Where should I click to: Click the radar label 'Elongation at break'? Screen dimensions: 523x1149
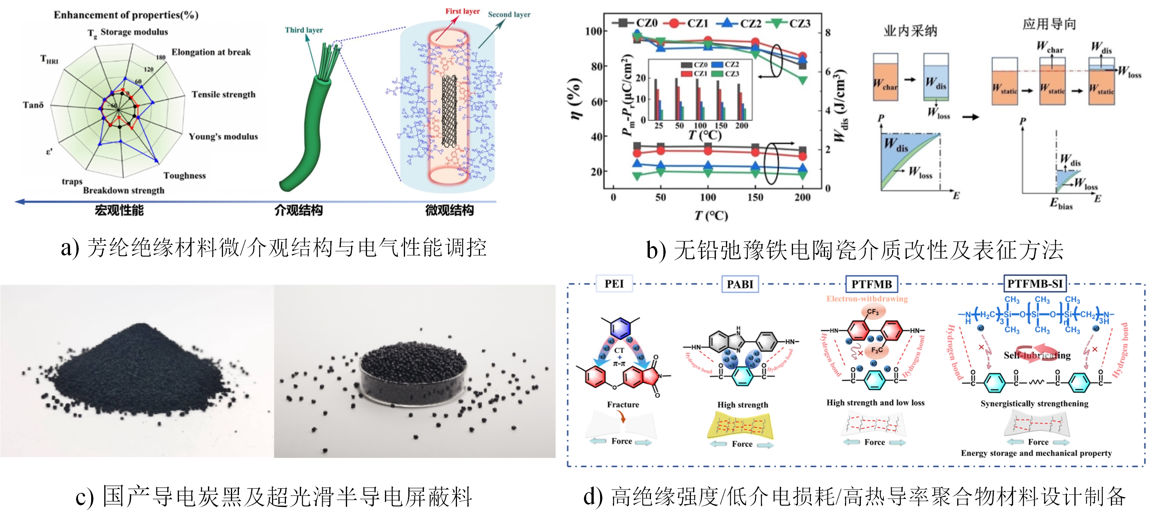point(211,52)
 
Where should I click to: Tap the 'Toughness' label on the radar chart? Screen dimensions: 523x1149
point(185,175)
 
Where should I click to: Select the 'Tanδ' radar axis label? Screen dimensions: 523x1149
point(34,105)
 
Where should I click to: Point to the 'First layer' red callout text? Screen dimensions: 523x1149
point(463,11)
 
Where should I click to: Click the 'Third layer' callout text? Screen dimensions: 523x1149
point(304,30)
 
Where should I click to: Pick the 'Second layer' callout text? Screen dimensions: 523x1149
point(509,14)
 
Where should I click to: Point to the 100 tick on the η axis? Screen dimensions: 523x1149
point(593,31)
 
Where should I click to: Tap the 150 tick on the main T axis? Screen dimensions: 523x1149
point(755,197)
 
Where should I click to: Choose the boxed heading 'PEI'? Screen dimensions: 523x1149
point(614,284)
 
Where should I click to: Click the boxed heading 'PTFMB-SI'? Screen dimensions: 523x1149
point(1035,284)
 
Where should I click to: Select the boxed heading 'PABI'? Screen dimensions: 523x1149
point(740,284)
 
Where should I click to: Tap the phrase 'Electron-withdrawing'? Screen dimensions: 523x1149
point(867,298)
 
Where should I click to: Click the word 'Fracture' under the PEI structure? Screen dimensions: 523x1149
point(623,404)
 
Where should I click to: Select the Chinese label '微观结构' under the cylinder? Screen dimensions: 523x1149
point(449,210)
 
